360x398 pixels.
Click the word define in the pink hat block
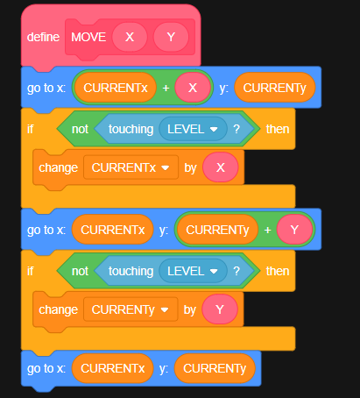(x=43, y=37)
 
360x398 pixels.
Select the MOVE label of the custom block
(x=88, y=37)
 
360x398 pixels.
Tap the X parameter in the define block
(x=130, y=37)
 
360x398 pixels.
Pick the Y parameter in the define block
(x=171, y=37)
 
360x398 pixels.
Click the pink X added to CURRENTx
(x=193, y=88)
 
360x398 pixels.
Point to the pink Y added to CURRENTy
(x=294, y=230)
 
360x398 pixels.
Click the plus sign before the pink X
(x=166, y=88)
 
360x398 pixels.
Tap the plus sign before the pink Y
(x=267, y=231)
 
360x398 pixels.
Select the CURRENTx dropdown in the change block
(x=131, y=167)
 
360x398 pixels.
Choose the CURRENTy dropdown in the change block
(x=131, y=309)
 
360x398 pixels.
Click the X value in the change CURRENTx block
(x=221, y=167)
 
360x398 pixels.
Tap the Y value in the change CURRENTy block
(x=220, y=309)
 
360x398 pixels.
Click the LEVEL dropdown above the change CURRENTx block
(x=193, y=129)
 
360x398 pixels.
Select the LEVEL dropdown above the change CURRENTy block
(x=193, y=271)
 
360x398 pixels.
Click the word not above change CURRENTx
(x=80, y=129)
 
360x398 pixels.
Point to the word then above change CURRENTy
(x=278, y=271)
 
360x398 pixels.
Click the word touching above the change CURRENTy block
(x=131, y=272)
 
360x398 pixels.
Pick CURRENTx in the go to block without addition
(x=113, y=368)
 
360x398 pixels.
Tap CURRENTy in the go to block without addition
(x=215, y=368)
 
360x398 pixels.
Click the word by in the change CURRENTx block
(x=190, y=168)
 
